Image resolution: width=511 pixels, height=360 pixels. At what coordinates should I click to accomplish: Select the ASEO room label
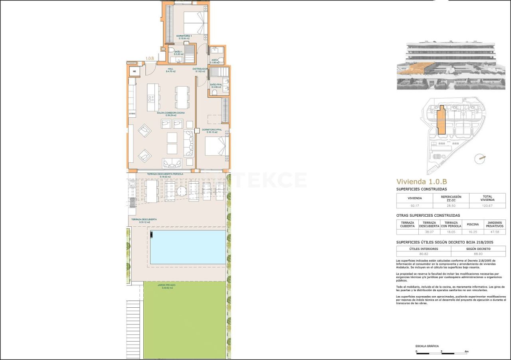(x=214, y=60)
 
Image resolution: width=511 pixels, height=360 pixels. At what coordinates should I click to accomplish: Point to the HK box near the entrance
(x=135, y=72)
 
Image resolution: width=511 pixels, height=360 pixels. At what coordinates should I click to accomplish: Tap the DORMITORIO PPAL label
(x=212, y=130)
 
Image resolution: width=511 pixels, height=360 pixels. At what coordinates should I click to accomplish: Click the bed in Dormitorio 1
(x=195, y=23)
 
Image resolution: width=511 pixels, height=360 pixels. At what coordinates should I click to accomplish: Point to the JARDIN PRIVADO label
(x=166, y=285)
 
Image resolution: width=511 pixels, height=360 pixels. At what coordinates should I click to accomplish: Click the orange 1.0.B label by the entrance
(x=150, y=59)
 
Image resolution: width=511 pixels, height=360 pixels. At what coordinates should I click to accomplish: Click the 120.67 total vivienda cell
(x=487, y=206)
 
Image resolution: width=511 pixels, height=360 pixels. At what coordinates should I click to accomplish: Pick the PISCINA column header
(x=473, y=224)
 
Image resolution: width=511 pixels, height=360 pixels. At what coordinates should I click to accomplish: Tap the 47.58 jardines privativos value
(x=495, y=232)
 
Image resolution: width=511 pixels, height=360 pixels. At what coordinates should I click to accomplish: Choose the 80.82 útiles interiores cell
(x=423, y=254)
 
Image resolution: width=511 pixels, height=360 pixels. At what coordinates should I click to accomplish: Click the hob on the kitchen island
(x=151, y=97)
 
